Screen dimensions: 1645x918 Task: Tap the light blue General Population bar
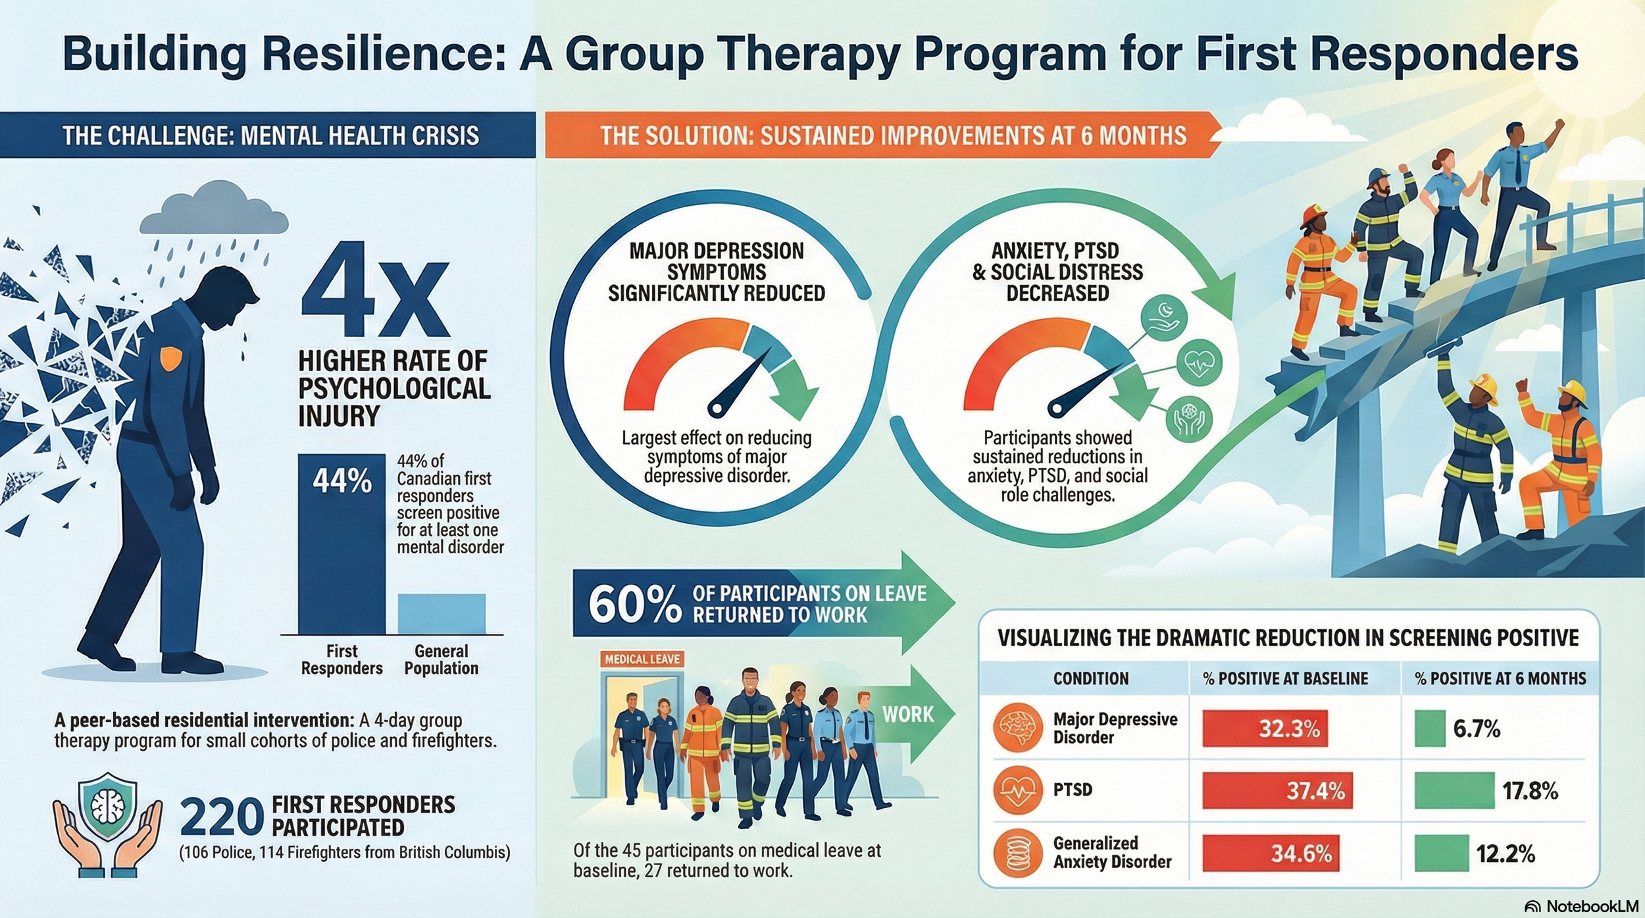[x=442, y=613]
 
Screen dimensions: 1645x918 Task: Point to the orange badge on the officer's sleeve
[x=171, y=358]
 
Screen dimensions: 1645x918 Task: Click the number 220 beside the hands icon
[x=221, y=818]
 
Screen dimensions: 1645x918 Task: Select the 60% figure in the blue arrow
[x=634, y=604]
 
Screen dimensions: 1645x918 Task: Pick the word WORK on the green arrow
[x=907, y=714]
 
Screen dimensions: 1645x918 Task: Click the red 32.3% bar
[x=1264, y=728]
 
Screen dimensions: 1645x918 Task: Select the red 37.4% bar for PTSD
[x=1277, y=790]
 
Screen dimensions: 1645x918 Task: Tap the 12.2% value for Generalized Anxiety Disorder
[x=1505, y=854]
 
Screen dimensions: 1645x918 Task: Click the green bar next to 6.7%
[x=1430, y=728]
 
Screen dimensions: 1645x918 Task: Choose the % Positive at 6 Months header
[x=1500, y=678]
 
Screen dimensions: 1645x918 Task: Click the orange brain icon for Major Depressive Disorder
[x=1018, y=728]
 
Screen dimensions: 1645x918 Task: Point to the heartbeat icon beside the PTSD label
[x=1018, y=790]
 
